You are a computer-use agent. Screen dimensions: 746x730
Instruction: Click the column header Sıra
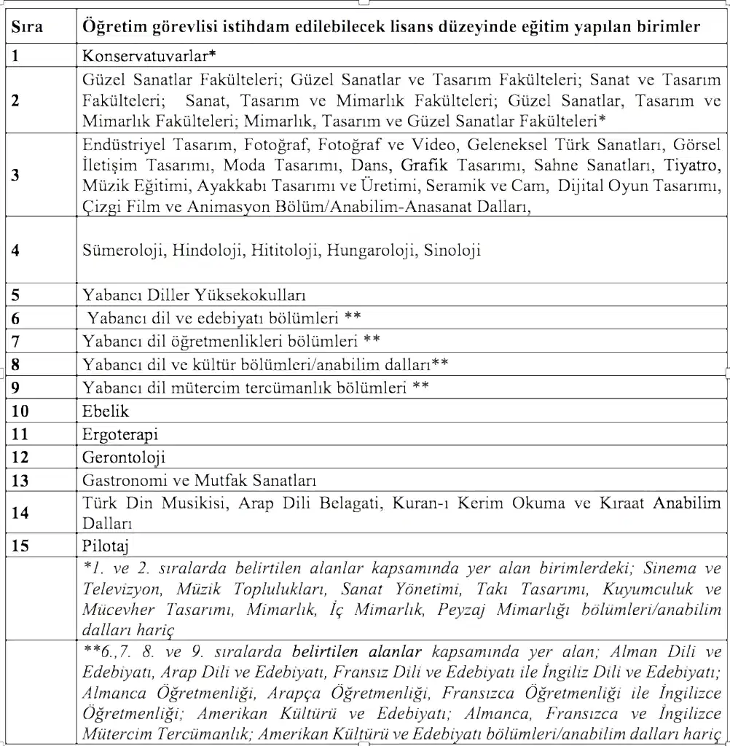(27, 28)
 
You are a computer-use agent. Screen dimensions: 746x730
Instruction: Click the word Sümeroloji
(124, 251)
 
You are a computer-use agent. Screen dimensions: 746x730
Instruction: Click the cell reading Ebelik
(106, 412)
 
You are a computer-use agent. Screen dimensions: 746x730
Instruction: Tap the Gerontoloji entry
(124, 458)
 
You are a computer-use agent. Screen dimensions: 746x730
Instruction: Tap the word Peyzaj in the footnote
(462, 610)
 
